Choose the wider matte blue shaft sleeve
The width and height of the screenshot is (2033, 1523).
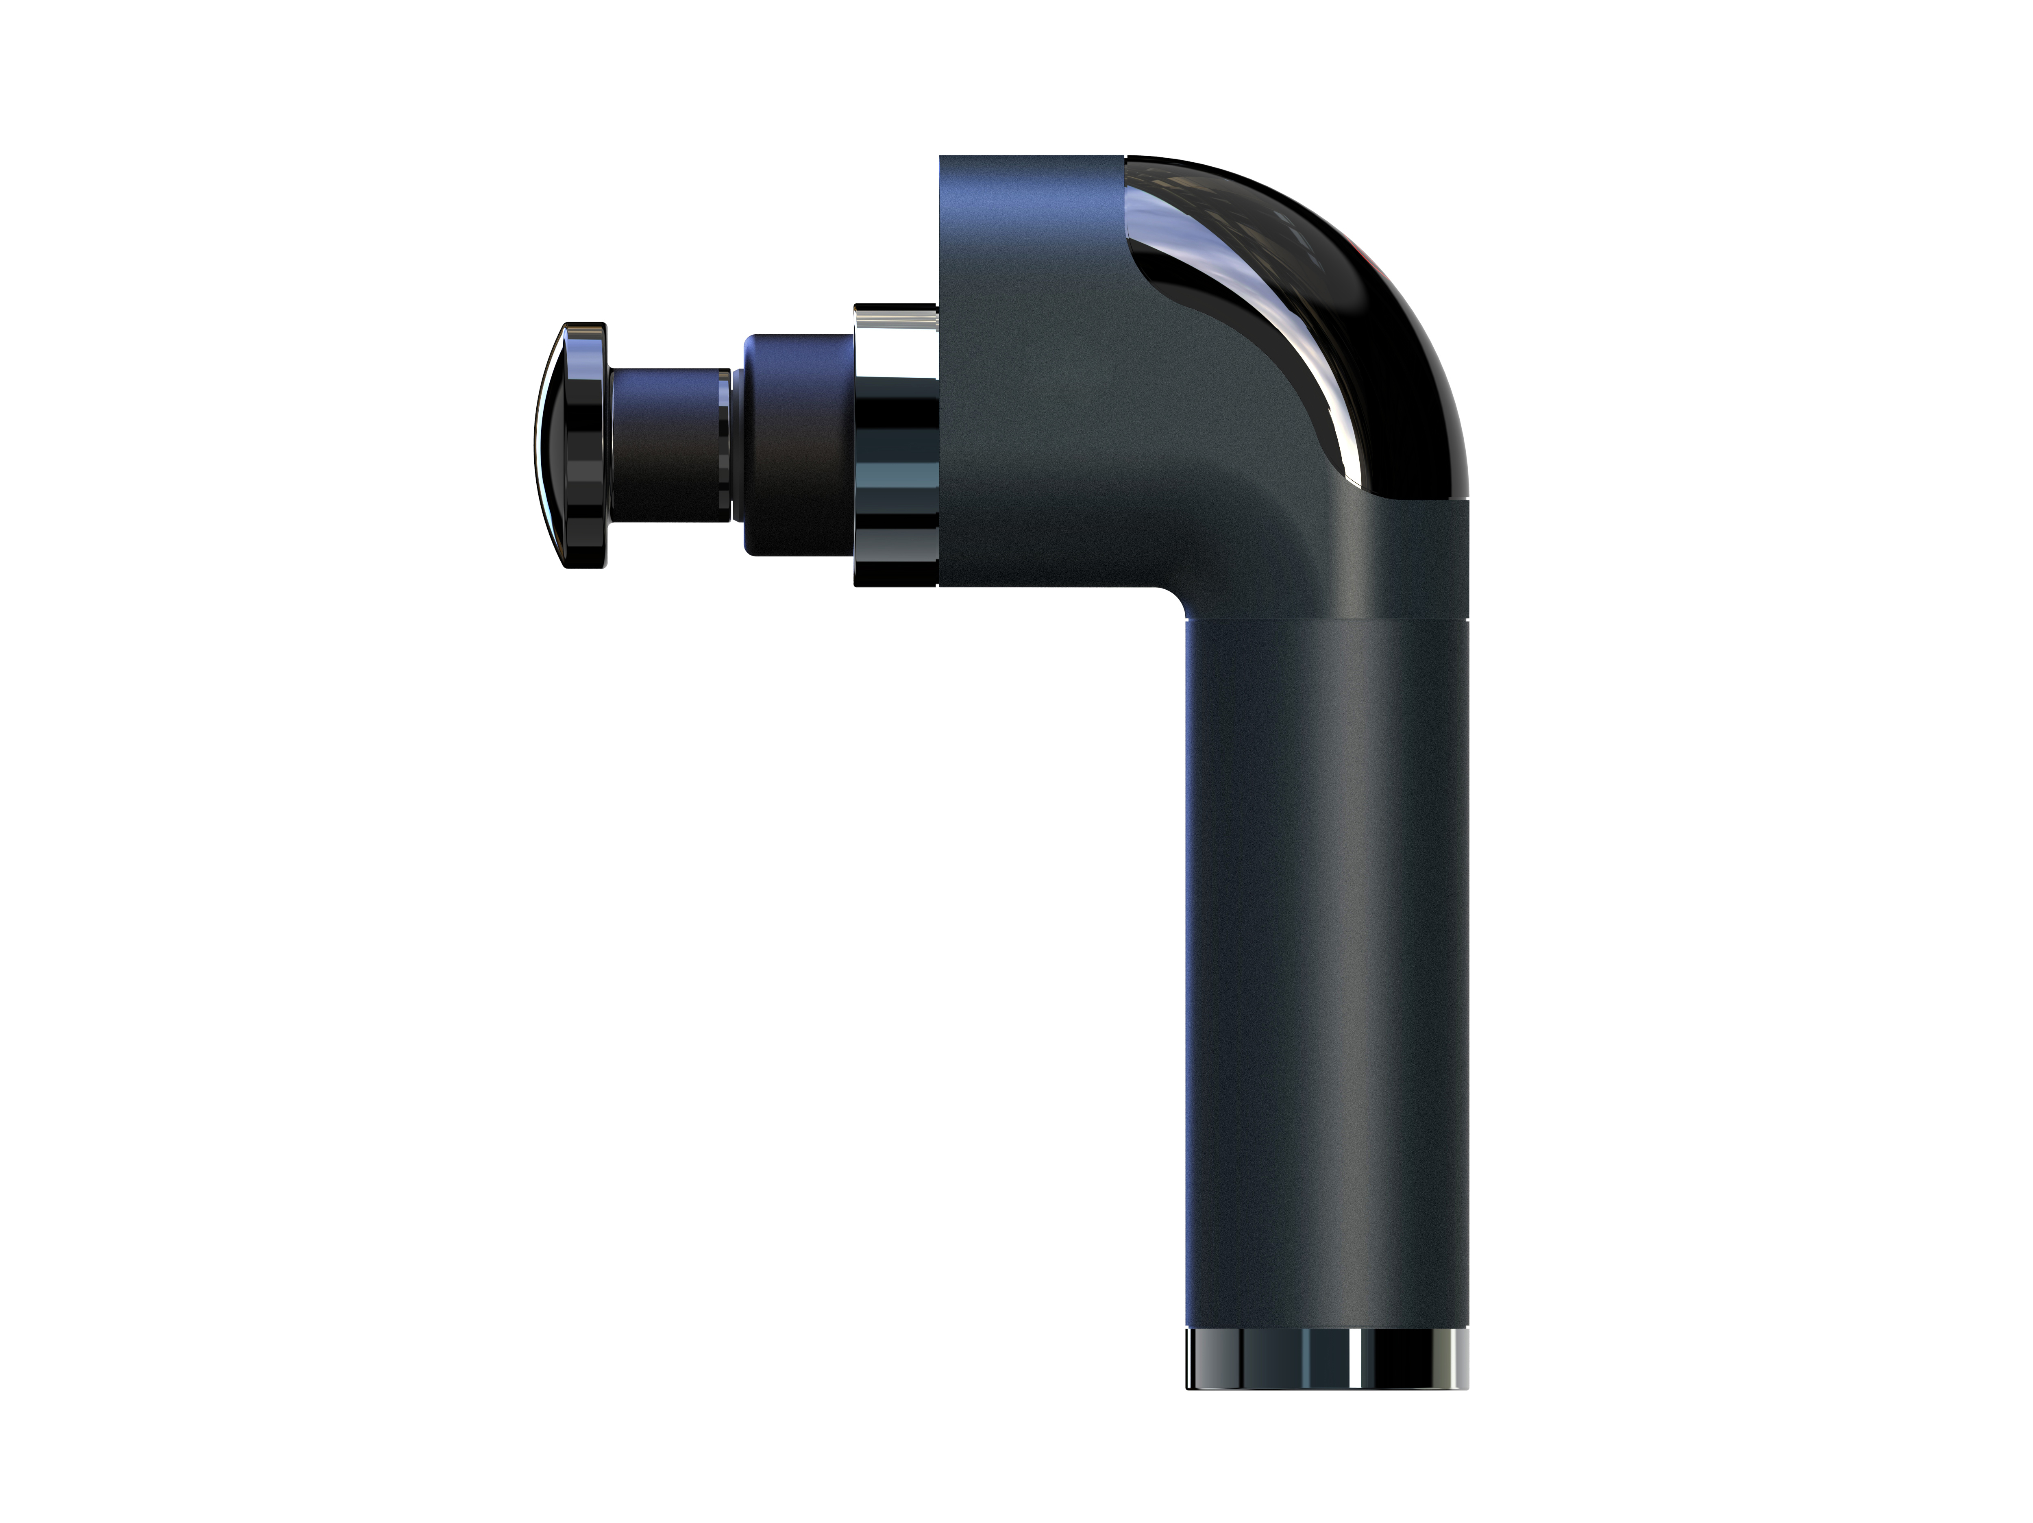[798, 446]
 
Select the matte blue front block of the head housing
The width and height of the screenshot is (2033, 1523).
[1030, 368]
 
